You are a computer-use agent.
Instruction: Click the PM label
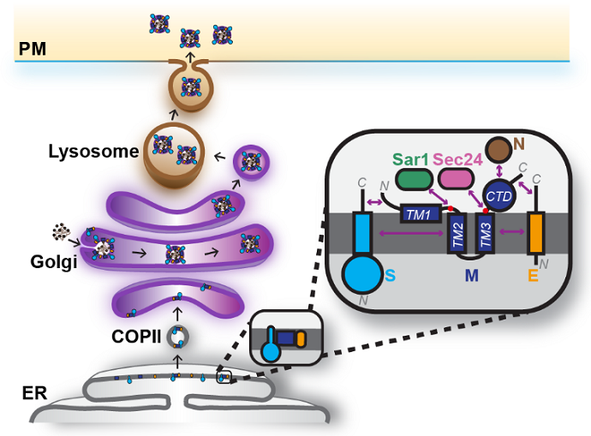point(31,49)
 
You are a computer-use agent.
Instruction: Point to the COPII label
point(134,335)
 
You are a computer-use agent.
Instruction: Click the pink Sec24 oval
point(455,178)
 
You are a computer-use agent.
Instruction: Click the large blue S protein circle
point(361,277)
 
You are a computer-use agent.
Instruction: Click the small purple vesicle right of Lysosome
point(251,161)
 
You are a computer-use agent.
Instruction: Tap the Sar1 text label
point(412,159)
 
